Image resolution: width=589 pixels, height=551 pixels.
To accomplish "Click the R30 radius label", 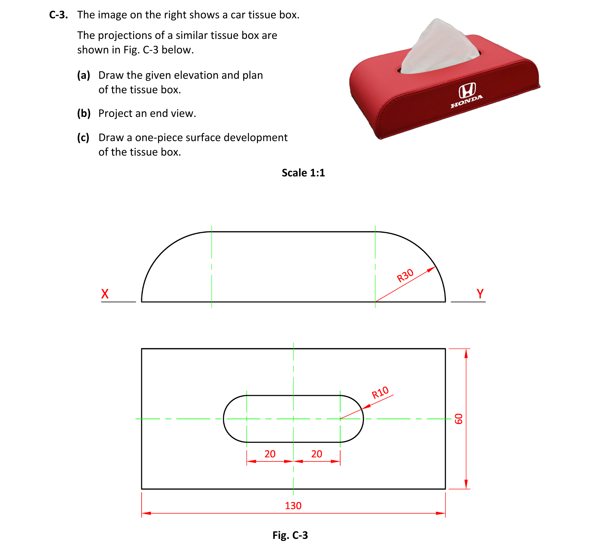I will (x=405, y=275).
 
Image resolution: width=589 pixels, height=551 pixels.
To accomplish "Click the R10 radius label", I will (x=380, y=393).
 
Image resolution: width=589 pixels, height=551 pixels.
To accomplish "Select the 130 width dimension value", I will (x=293, y=506).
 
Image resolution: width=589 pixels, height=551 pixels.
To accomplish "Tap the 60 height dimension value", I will (x=458, y=419).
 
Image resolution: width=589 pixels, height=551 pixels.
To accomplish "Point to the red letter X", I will (x=105, y=294).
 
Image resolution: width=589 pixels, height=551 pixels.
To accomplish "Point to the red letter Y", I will (x=480, y=294).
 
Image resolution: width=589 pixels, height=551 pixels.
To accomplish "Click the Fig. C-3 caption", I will (x=290, y=535).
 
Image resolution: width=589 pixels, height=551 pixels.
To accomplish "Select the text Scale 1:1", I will (x=303, y=173).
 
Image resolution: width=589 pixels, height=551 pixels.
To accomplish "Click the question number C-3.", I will (x=58, y=15).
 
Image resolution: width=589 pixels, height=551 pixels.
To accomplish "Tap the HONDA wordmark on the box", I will (x=467, y=101).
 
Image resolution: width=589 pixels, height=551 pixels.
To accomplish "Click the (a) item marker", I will (x=83, y=75).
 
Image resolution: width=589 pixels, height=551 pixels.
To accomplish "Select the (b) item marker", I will (x=84, y=113).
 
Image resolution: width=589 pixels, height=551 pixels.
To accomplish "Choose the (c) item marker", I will (x=83, y=137).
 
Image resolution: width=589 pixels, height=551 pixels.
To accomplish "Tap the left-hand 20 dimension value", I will (x=270, y=454).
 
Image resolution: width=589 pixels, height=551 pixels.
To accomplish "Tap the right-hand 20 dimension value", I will (x=317, y=454).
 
